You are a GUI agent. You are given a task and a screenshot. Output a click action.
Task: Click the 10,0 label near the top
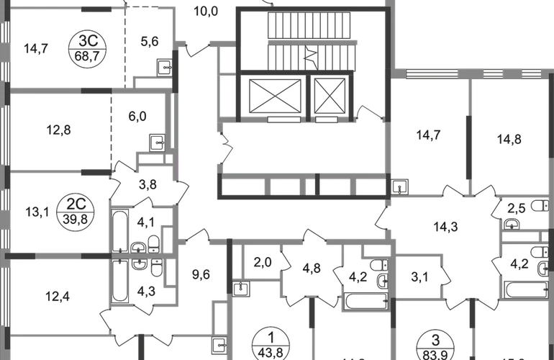coord(206,12)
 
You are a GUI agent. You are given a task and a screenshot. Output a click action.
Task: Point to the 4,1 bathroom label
coord(145,224)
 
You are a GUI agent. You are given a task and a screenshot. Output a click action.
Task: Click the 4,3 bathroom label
coord(145,292)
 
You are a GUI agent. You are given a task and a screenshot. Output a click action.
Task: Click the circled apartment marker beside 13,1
coord(81,210)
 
